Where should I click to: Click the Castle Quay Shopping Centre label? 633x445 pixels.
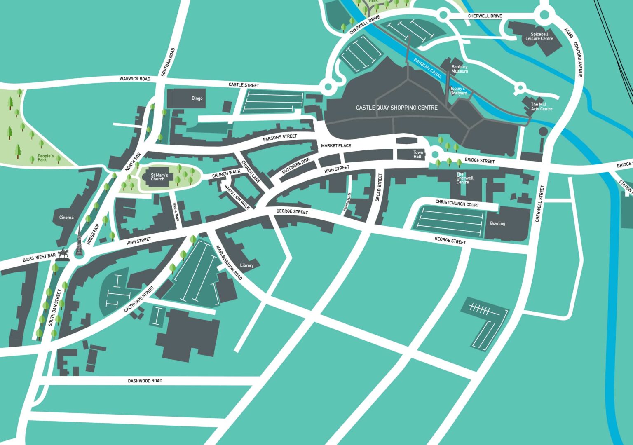396,108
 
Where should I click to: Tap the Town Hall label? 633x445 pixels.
418,155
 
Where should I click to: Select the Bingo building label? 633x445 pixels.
197,98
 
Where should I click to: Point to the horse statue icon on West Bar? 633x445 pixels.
63,253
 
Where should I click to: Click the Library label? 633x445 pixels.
246,265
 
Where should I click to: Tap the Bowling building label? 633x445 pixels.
497,223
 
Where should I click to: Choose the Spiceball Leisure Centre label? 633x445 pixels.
539,37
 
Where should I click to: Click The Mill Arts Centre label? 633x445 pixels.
541,107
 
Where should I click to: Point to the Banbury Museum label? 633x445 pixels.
460,69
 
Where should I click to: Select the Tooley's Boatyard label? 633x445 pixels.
458,91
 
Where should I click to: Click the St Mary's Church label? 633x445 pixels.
159,177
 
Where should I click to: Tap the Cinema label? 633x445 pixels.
66,218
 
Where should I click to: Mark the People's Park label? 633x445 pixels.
45,158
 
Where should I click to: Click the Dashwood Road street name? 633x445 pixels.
145,381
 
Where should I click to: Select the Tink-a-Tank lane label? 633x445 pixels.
176,212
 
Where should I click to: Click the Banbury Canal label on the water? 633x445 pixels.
427,68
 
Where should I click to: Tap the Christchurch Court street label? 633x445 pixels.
457,204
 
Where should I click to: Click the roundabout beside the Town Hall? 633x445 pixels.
435,155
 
